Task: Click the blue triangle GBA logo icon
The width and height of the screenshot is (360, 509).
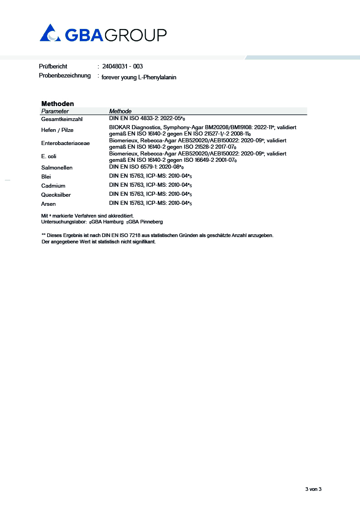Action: (x=50, y=33)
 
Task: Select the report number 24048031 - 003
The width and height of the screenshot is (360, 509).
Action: (x=122, y=66)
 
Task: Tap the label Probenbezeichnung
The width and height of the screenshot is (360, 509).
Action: (x=65, y=75)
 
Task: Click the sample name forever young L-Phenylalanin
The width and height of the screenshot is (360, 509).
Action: (x=139, y=78)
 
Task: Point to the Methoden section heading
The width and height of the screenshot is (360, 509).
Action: (x=58, y=104)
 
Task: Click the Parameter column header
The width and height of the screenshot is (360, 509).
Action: (x=55, y=111)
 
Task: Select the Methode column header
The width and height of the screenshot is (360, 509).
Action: (x=120, y=111)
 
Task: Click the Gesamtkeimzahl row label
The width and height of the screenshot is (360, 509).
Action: (x=60, y=119)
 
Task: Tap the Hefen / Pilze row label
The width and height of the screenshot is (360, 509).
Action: (x=57, y=130)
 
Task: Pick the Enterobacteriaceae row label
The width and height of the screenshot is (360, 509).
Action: (x=65, y=143)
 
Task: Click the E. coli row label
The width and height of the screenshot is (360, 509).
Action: (x=49, y=156)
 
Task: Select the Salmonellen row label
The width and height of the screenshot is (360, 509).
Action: (x=57, y=168)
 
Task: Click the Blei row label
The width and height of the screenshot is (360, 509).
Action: (x=46, y=177)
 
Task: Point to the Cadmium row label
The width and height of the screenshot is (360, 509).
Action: (x=53, y=186)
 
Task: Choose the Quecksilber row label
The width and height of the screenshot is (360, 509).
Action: (x=56, y=195)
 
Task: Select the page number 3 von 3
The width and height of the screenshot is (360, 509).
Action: (x=313, y=489)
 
